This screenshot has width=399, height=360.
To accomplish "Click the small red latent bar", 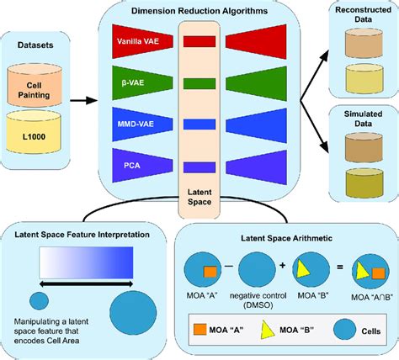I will tap(200, 40).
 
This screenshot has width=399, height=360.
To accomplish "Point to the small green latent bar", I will tap(200, 82).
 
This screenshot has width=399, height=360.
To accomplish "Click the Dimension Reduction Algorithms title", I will tap(200, 9).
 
